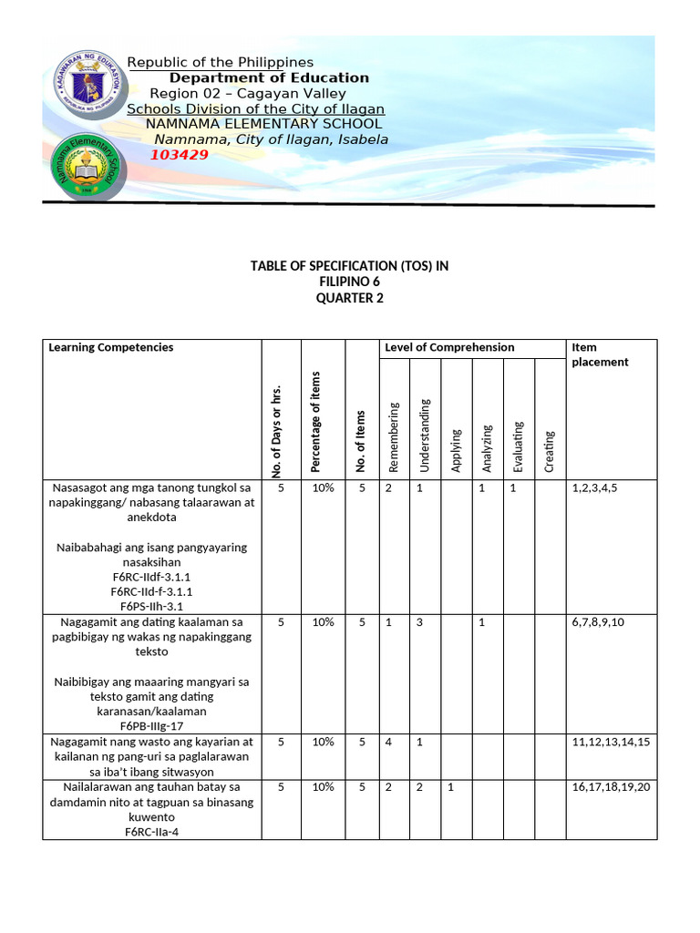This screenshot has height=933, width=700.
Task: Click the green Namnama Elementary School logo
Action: pyautogui.click(x=86, y=169)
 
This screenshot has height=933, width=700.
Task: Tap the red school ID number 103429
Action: pyautogui.click(x=179, y=155)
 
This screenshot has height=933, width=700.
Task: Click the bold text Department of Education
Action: pyautogui.click(x=269, y=77)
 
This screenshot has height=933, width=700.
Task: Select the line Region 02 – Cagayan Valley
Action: pyautogui.click(x=248, y=94)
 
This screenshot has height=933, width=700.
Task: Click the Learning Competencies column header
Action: pyautogui.click(x=110, y=347)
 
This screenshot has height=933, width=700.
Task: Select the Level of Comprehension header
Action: pyautogui.click(x=449, y=347)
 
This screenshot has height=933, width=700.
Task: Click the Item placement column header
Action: pyautogui.click(x=599, y=354)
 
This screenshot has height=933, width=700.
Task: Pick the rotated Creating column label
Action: pyautogui.click(x=549, y=451)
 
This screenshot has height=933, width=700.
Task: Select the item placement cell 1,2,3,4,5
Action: pyautogui.click(x=595, y=487)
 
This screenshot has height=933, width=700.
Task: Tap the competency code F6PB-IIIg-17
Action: pyautogui.click(x=152, y=726)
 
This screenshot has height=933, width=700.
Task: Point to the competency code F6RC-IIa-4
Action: pyautogui.click(x=152, y=830)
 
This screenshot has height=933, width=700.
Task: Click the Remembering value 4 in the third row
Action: pyautogui.click(x=388, y=742)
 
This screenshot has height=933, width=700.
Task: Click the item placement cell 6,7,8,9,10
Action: pyautogui.click(x=598, y=621)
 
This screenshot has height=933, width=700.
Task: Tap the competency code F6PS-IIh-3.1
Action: pyautogui.click(x=152, y=605)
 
